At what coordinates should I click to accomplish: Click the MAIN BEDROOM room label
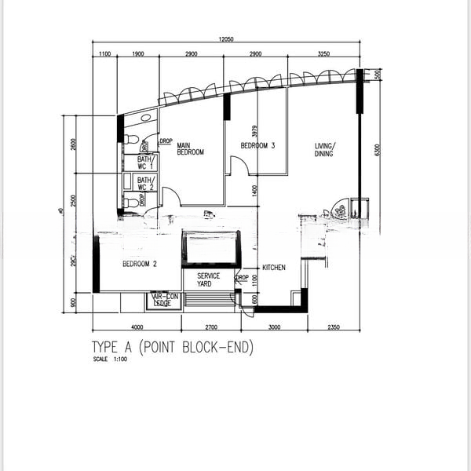point(190,148)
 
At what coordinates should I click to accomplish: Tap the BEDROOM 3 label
point(257,146)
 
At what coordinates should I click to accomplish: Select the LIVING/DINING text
point(324,149)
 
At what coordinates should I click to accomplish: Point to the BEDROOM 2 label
point(140,265)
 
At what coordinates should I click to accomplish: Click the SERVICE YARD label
point(209,279)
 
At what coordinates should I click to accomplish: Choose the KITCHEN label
point(273,268)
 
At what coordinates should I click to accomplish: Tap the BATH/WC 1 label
point(147,162)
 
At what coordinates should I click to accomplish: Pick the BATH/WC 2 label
point(147,184)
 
